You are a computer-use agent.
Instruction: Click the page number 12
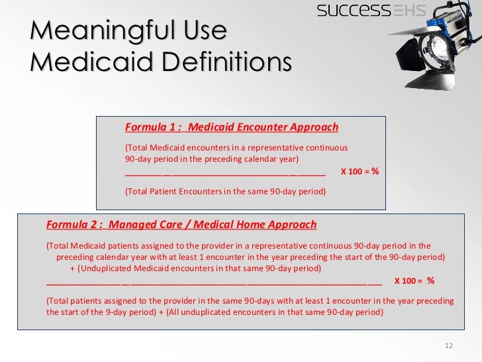click(449, 346)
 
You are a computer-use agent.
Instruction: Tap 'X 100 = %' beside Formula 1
click(360, 171)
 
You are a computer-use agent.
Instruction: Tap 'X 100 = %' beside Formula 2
click(414, 280)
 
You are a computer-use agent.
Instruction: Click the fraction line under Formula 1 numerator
click(225, 174)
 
